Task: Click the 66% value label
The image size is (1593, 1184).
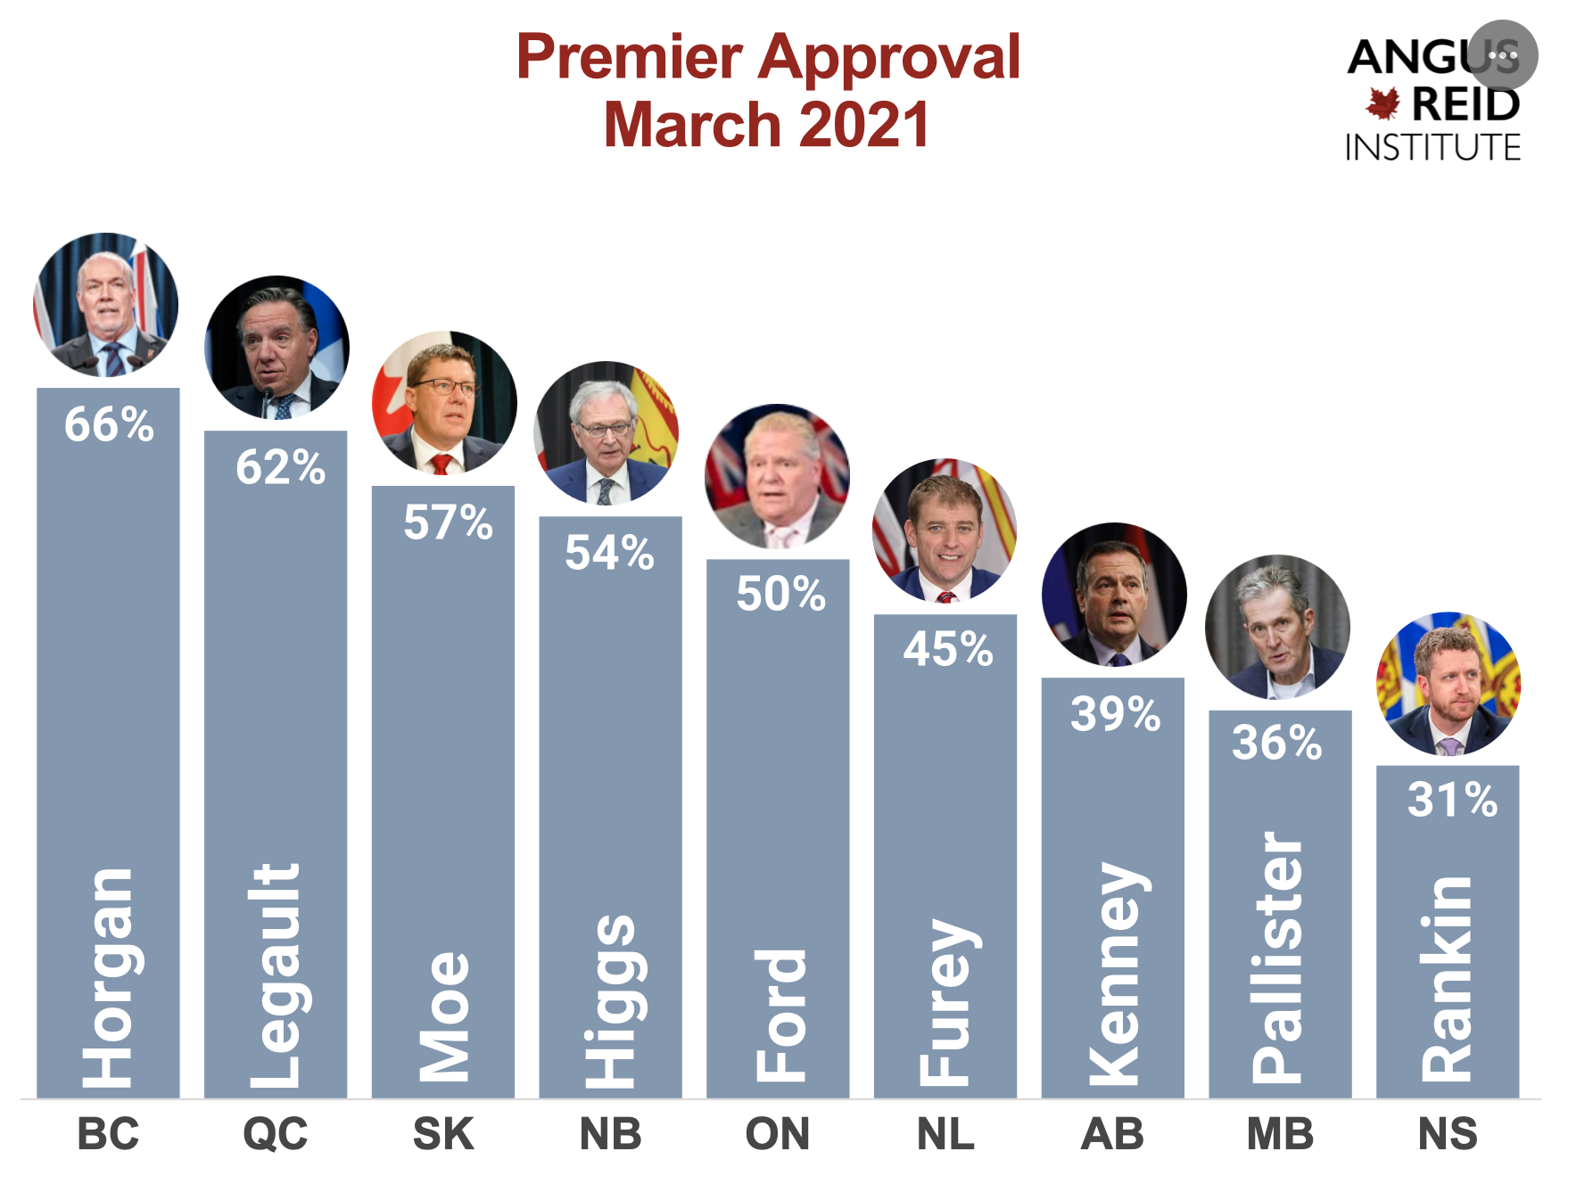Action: point(109,424)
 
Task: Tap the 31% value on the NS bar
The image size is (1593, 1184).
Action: point(1452,799)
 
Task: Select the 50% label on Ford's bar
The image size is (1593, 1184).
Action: point(780,594)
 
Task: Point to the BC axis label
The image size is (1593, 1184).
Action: point(108,1134)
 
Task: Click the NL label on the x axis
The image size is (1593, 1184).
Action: point(945,1134)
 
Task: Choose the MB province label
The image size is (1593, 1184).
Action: point(1280,1134)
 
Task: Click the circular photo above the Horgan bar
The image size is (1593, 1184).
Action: point(106,305)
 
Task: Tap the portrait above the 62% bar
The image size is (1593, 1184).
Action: point(277,348)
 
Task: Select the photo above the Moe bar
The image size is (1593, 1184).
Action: point(444,403)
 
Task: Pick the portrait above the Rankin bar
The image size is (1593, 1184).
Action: point(1449,684)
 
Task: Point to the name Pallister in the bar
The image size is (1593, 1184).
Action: point(1278,958)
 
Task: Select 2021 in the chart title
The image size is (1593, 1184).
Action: point(864,124)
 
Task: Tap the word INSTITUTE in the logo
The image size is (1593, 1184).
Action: point(1432,147)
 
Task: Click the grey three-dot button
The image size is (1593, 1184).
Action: point(1503,55)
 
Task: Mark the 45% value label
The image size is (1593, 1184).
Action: point(948,649)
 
